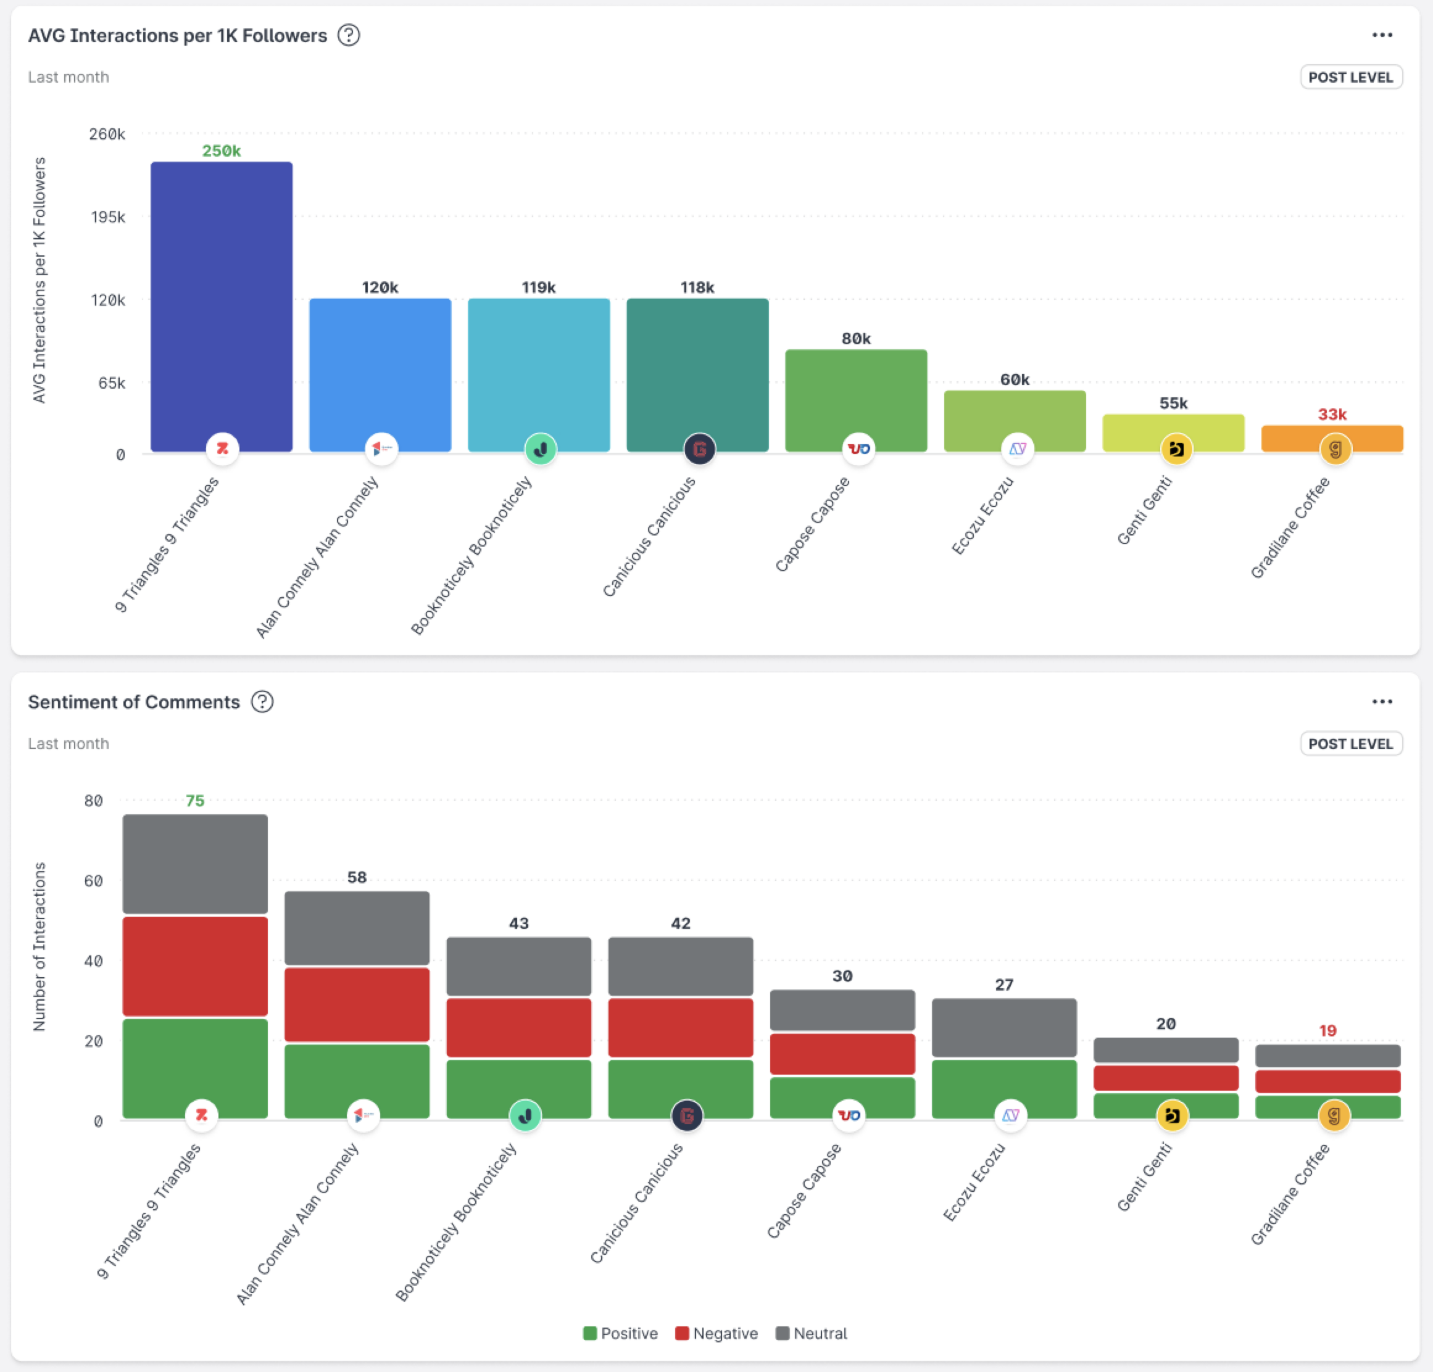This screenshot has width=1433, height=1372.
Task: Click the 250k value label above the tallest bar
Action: pos(221,151)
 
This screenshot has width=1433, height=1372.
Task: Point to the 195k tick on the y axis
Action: pos(108,217)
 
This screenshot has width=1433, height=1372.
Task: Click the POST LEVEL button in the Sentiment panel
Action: pos(1350,743)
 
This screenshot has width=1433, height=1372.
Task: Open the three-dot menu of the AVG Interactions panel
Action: pos(1381,35)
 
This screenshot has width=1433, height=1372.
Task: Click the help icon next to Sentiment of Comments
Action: pos(262,701)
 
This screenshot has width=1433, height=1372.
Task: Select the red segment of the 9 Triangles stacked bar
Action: pos(195,965)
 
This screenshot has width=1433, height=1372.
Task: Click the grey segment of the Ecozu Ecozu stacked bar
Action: pos(1004,1027)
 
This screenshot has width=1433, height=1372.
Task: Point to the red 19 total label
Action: pos(1327,1031)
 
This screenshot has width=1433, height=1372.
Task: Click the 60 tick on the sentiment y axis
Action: pos(94,881)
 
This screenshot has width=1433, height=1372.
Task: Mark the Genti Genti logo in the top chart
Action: pos(1176,449)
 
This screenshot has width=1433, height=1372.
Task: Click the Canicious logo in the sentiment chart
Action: pos(686,1115)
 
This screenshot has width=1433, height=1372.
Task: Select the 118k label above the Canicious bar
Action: pos(697,287)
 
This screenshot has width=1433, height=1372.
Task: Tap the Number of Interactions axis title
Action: pos(39,946)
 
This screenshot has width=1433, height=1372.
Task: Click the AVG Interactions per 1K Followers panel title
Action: pos(178,36)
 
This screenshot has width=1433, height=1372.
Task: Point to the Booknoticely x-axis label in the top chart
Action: pos(471,556)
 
